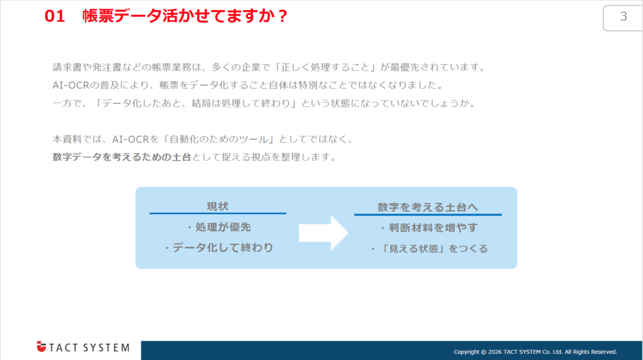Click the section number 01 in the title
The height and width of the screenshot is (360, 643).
pyautogui.click(x=55, y=17)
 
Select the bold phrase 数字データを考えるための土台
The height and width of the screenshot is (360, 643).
pyautogui.click(x=122, y=157)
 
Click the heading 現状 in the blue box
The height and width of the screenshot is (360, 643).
pyautogui.click(x=217, y=206)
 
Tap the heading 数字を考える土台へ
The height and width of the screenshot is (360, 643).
pyautogui.click(x=428, y=206)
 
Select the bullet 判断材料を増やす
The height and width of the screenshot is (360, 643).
pyautogui.click(x=429, y=227)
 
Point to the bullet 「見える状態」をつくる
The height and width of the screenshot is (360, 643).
pyautogui.click(x=429, y=248)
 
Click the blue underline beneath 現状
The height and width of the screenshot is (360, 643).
pyautogui.click(x=217, y=214)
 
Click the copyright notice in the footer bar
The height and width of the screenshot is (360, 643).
pyautogui.click(x=535, y=351)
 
